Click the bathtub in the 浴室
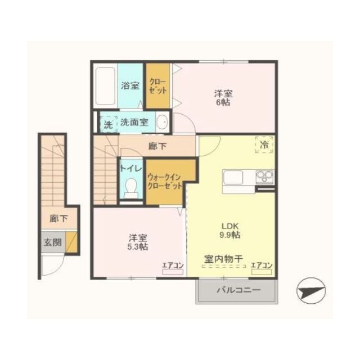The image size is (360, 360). [105, 86]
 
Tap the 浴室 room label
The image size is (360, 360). [130, 85]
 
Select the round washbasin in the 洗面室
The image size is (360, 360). [162, 122]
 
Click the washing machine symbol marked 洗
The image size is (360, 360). [108, 124]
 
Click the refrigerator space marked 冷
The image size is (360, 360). [264, 145]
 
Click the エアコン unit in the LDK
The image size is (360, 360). [262, 272]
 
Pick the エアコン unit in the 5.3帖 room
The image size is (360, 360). [173, 272]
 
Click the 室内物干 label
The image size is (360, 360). [224, 259]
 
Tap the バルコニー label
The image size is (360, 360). [238, 290]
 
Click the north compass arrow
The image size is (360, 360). [311, 291]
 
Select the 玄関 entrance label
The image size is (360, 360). [52, 242]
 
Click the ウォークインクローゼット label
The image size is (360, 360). [165, 181]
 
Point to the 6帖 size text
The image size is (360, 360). [223, 102]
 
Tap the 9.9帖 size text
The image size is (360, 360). [230, 235]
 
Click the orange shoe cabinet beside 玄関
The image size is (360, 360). [71, 242]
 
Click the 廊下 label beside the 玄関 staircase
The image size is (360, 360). [58, 218]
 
